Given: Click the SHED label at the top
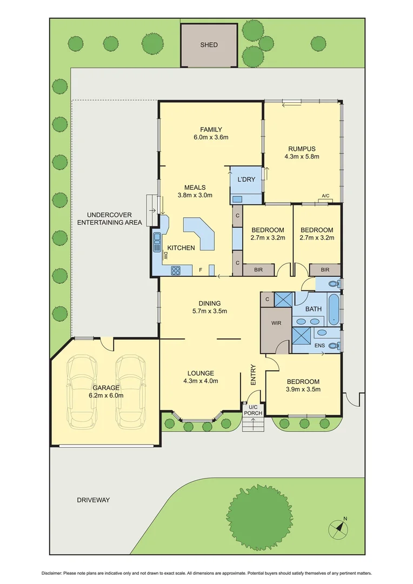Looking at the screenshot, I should [209, 45].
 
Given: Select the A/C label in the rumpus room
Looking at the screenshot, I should [325, 196].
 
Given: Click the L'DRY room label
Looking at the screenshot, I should [246, 180].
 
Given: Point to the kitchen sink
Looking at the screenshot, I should [157, 239].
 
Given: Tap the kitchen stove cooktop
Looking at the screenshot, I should [176, 271].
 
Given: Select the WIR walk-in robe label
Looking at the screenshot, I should [276, 323].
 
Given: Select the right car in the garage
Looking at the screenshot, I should [130, 389].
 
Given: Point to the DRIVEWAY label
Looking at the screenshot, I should [93, 500].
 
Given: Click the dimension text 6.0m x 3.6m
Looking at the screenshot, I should [211, 137].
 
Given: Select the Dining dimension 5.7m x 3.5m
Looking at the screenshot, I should [210, 311].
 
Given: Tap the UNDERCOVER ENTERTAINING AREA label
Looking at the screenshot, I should [109, 218].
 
